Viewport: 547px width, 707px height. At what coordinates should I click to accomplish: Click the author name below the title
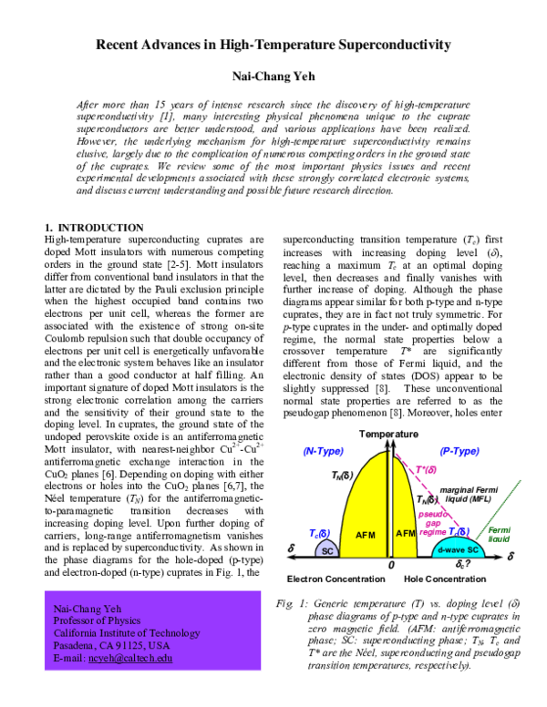(273, 77)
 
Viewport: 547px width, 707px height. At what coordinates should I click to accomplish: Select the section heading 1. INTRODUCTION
(94, 227)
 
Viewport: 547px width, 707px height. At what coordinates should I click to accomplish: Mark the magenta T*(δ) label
(430, 470)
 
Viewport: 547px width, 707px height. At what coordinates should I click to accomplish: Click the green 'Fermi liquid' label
(499, 534)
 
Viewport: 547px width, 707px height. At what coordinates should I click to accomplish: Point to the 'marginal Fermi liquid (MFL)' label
(466, 496)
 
